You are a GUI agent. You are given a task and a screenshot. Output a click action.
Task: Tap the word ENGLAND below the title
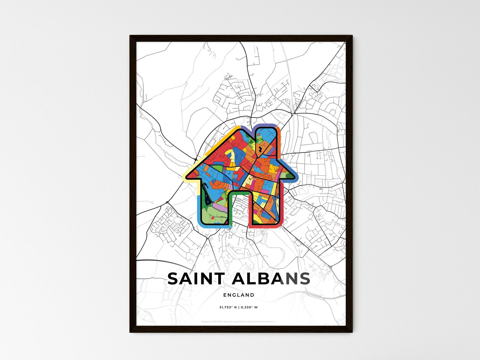click(x=239, y=295)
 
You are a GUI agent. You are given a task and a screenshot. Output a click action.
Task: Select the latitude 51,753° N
click(x=228, y=307)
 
